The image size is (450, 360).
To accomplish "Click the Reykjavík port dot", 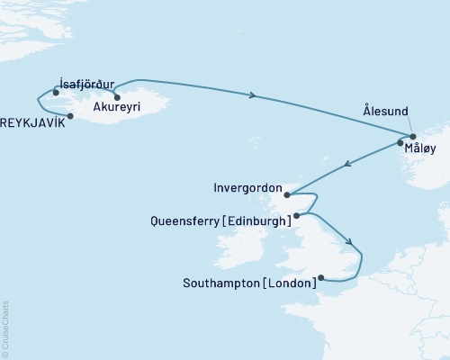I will tap(70, 116).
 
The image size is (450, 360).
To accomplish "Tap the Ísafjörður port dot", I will tap(56, 92).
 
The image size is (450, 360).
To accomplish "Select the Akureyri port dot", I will tap(117, 97).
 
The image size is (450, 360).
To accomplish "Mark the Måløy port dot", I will tap(400, 143).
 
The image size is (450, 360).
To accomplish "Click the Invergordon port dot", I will tap(285, 194).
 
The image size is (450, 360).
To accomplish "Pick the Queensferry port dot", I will tap(296, 216).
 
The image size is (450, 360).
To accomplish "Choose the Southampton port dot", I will tap(321, 278).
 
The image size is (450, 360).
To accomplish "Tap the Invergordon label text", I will tap(248, 189).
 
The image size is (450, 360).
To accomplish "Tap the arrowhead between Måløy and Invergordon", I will tap(346, 166).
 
